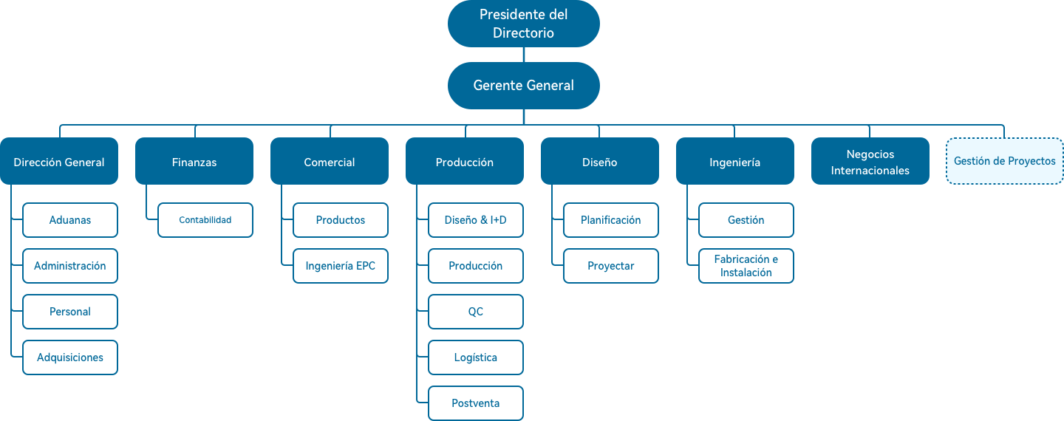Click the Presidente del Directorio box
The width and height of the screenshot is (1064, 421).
tap(523, 24)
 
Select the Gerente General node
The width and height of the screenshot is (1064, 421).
tap(523, 86)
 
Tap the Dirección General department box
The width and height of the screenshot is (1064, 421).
tap(59, 162)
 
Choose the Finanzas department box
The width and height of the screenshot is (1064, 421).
tap(194, 162)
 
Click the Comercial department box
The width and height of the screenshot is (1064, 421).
tap(329, 162)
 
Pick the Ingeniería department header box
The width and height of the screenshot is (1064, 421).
tap(734, 162)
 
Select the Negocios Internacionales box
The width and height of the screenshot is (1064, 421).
tap(870, 162)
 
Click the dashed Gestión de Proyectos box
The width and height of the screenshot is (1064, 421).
tap(1004, 161)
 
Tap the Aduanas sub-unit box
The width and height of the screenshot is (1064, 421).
tap(70, 220)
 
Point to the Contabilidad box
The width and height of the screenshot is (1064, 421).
tap(205, 220)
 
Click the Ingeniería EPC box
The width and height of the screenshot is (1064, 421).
tap(340, 266)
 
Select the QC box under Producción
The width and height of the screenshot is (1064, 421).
tap(475, 312)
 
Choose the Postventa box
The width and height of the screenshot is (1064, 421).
tap(475, 403)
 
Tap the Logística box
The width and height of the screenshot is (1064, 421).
tap(475, 357)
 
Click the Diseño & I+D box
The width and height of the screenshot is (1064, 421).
tap(475, 220)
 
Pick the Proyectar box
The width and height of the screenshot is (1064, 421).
tap(610, 266)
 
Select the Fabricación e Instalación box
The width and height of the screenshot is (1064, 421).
tap(746, 266)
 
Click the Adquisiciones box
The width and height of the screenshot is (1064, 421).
tap(70, 357)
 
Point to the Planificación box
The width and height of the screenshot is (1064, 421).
tap(610, 220)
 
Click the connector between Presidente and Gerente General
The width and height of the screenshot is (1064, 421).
tap(523, 55)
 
